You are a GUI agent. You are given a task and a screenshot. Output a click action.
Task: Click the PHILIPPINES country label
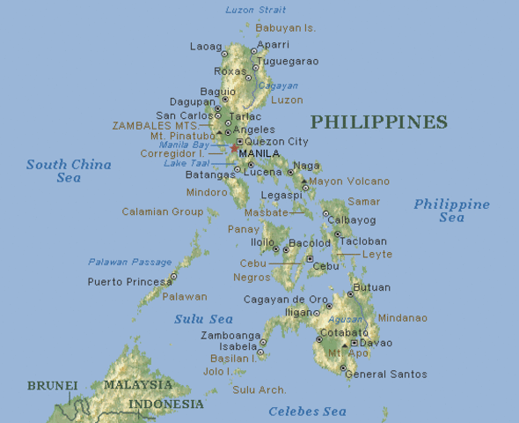(379, 122)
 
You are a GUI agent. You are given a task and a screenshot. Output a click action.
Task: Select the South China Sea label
(69, 171)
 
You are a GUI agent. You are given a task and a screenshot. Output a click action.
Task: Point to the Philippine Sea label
(451, 211)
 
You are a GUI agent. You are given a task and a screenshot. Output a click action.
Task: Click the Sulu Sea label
(203, 319)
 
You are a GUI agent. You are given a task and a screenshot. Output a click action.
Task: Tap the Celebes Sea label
(307, 411)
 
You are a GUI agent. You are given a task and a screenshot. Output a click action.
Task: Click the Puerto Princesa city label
(129, 282)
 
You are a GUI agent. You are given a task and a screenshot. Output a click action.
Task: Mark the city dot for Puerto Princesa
(173, 277)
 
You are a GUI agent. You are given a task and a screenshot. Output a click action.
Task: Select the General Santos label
(385, 375)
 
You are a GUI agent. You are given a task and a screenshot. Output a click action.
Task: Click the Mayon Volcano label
(348, 182)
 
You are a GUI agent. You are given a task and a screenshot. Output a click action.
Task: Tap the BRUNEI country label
(52, 385)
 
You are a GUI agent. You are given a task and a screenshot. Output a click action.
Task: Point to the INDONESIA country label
(166, 404)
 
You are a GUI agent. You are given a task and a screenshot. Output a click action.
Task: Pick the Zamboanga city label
(230, 336)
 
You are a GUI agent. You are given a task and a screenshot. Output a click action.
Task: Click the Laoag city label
(206, 46)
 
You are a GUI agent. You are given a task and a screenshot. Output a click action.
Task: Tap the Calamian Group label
(163, 211)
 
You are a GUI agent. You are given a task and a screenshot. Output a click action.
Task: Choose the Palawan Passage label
(129, 262)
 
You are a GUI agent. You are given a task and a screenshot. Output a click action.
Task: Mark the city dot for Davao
(354, 343)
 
